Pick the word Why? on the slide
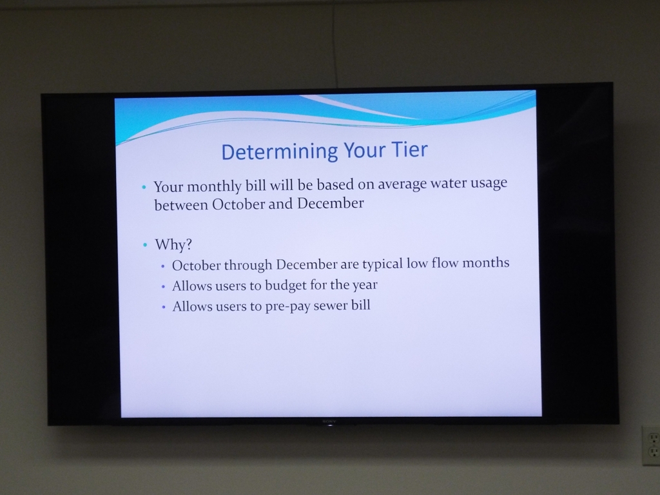pyautogui.click(x=173, y=244)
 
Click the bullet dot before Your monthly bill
pyautogui.click(x=144, y=187)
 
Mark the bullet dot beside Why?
pyautogui.click(x=145, y=244)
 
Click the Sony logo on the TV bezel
pyautogui.click(x=329, y=421)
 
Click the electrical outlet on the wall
pyautogui.click(x=651, y=446)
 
